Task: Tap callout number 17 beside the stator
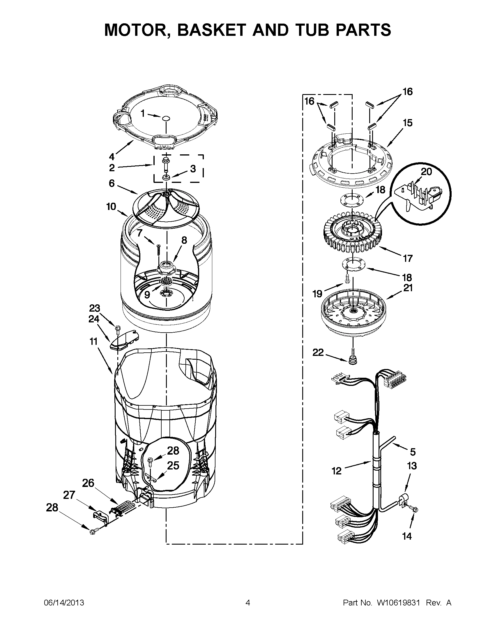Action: [408, 258]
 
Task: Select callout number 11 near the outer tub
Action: [93, 341]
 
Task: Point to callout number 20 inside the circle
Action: [426, 172]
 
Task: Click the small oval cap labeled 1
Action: [166, 118]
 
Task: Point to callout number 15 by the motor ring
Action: [408, 123]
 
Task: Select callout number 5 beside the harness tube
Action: [413, 452]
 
